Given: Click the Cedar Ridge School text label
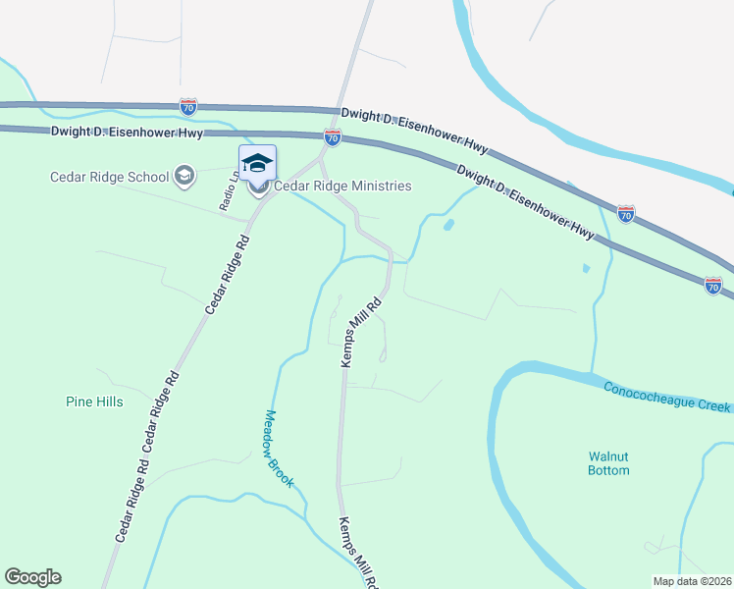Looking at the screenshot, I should [x=109, y=177].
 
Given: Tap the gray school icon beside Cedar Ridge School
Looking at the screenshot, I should [x=183, y=177].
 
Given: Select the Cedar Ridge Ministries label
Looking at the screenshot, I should [x=341, y=186].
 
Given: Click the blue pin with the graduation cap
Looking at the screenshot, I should [x=257, y=164].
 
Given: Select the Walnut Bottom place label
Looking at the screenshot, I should [x=608, y=463].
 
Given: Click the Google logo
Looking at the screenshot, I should [x=32, y=577].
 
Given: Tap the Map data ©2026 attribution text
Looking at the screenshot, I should [x=692, y=580].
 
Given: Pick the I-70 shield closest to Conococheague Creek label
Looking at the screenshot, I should [x=713, y=285].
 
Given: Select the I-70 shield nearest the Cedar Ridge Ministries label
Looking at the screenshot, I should [x=333, y=138].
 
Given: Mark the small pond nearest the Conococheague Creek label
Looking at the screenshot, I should [x=585, y=267].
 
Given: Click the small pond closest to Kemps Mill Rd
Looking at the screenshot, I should [x=448, y=224].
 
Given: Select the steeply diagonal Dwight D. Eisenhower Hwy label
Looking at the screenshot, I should [x=525, y=200].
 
